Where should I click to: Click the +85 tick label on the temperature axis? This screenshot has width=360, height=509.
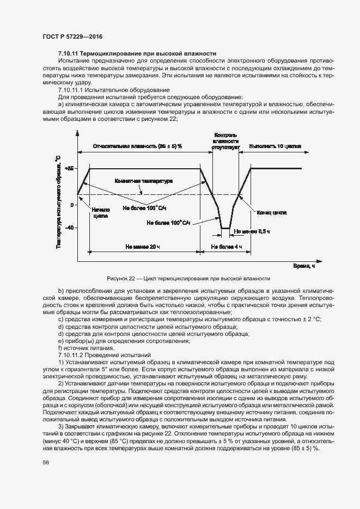point(68,169)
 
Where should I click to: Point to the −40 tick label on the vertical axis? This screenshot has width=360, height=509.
point(69,228)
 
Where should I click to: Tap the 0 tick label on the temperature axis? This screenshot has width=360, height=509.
point(72,205)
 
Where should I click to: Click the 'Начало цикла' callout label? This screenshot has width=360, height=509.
point(100,212)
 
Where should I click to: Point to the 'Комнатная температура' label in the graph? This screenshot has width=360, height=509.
point(143,180)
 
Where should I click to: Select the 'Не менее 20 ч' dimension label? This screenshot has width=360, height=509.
point(143,247)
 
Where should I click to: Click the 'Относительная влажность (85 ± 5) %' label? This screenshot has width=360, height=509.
point(137,146)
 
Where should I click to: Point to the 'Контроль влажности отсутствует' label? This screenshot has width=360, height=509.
point(225,140)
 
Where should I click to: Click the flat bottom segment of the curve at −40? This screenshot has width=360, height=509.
point(225,228)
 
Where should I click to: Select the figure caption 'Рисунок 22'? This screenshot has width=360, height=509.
point(180,278)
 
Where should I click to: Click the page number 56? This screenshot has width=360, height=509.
point(46,462)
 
